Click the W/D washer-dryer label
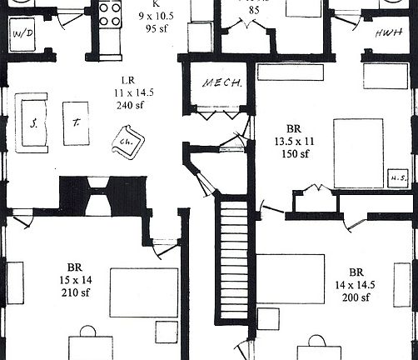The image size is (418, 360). [x=22, y=33]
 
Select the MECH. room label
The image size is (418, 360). [x=221, y=83]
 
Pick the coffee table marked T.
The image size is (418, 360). [x=75, y=122]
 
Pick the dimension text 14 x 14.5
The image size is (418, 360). [x=356, y=285]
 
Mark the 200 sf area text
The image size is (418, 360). [x=356, y=297]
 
